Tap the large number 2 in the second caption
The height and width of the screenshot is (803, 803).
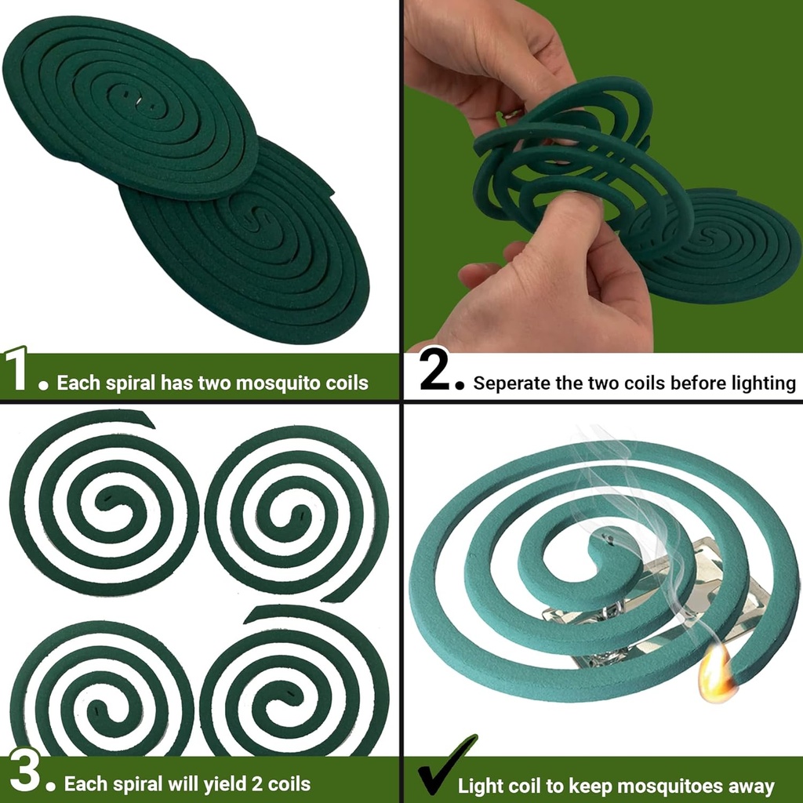436,372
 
